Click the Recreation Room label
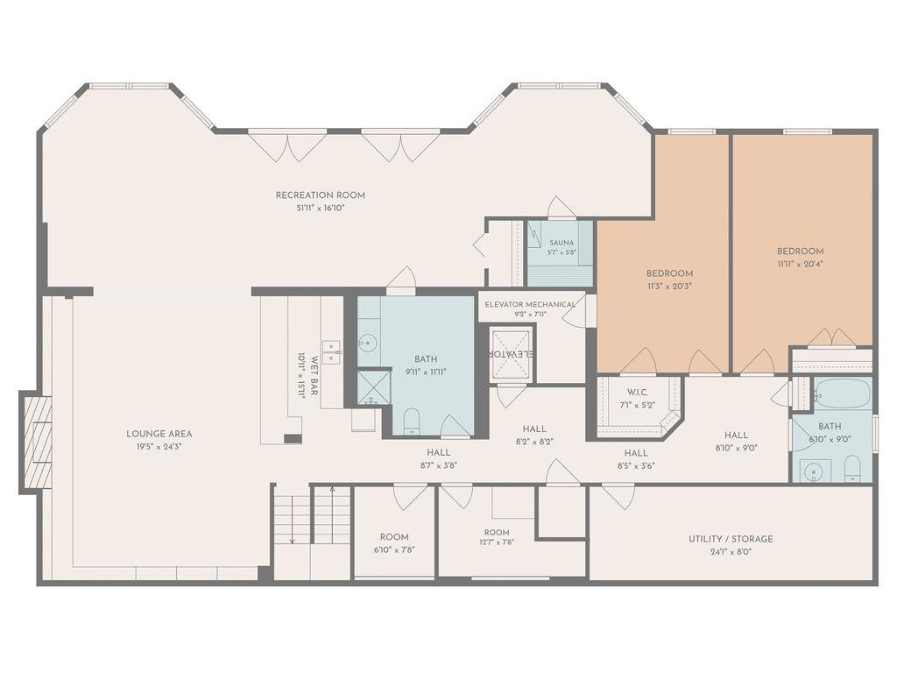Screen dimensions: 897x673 [321, 195]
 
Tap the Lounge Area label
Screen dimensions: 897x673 [159, 434]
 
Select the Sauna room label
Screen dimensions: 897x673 [562, 243]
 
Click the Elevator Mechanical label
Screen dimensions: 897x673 [530, 304]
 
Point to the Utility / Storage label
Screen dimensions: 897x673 [731, 539]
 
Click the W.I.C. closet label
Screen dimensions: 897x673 [638, 392]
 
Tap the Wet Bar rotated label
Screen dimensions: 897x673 [314, 375]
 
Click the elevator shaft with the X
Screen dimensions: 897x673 [512, 354]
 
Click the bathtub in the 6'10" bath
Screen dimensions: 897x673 [843, 393]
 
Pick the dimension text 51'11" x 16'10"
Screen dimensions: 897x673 [321, 209]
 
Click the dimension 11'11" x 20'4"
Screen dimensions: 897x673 [801, 264]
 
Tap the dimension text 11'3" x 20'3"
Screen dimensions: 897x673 [669, 287]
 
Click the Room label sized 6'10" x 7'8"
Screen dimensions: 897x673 [394, 537]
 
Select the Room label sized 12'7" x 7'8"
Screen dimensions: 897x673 [497, 532]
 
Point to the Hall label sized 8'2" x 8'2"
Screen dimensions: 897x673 [534, 429]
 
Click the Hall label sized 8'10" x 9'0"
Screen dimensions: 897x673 [736, 436]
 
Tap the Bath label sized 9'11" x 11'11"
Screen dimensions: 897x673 [426, 359]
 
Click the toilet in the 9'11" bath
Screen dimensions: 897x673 [412, 421]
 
